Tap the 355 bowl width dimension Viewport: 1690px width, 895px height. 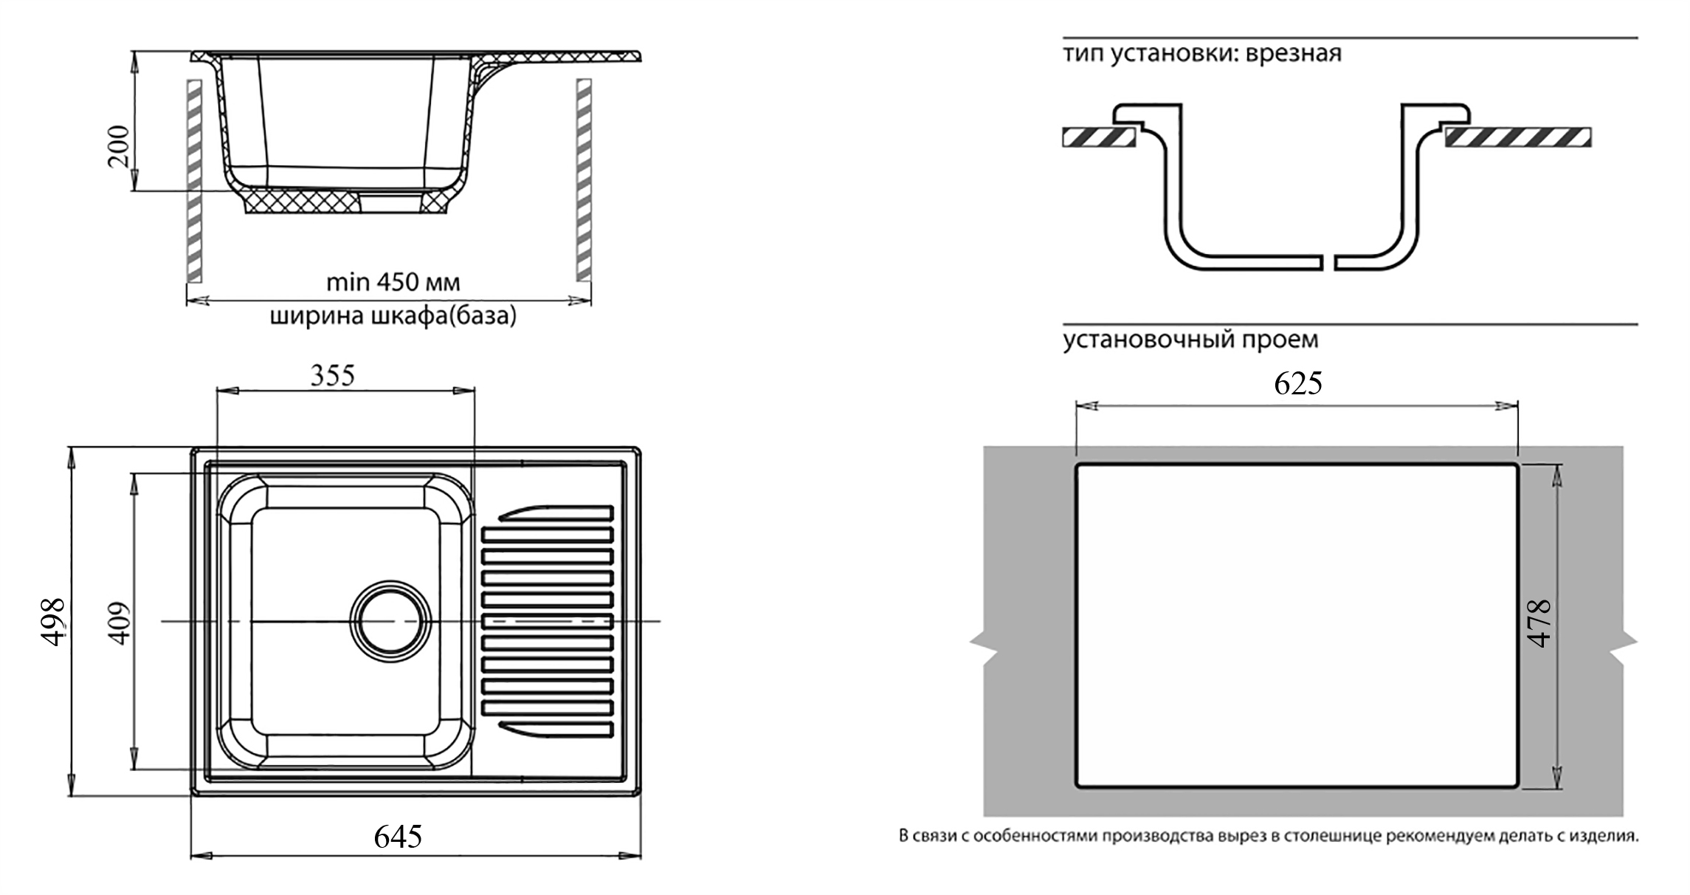coord(332,375)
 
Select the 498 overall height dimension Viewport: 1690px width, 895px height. coord(54,622)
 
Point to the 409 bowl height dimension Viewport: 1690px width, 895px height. coord(118,623)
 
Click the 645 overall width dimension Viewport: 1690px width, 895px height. coord(398,836)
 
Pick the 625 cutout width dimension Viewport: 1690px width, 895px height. coord(1297,383)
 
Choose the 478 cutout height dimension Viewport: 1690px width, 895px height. coord(1539,624)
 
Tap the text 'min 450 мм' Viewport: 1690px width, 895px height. coord(393,282)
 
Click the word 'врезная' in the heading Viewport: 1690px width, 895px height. coord(1293,54)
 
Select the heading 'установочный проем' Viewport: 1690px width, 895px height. coord(1190,340)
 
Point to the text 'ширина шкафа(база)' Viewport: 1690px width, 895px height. coord(393,316)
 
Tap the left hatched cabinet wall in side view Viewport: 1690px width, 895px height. coord(195,180)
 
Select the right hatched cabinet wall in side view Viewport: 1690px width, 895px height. coord(583,180)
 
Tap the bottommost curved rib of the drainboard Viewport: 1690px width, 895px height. coord(556,730)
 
